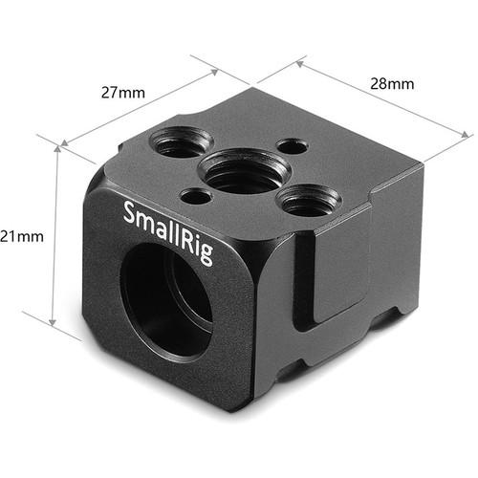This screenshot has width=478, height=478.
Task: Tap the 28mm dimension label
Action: (393, 84)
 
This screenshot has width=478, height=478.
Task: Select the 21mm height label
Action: (20, 235)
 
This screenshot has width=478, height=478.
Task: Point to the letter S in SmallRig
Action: (129, 210)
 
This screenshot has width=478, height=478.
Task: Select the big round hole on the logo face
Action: (167, 286)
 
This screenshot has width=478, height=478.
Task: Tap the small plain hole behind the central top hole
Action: (291, 146)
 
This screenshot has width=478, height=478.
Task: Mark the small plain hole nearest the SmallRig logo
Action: (196, 196)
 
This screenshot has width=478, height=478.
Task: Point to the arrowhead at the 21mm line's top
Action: (58, 151)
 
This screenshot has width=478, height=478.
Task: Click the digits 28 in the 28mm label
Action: (382, 84)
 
